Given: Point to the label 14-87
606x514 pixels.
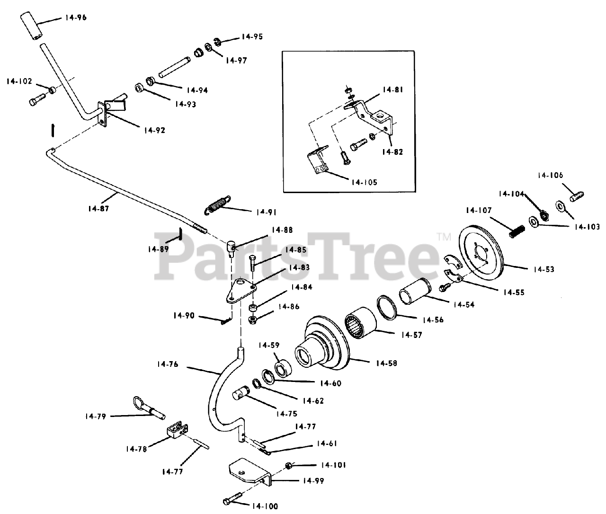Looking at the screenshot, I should tap(98, 208).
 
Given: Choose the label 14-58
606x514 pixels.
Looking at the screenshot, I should tap(386, 363).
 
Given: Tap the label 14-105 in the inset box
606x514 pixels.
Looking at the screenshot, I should tap(364, 182).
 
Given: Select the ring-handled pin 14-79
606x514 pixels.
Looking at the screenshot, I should tap(150, 408).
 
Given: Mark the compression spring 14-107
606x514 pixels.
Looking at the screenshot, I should tap(517, 232).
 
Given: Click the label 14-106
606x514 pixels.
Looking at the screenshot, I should tap(550, 175).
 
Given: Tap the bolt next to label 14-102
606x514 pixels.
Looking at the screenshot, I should tap(37, 100).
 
